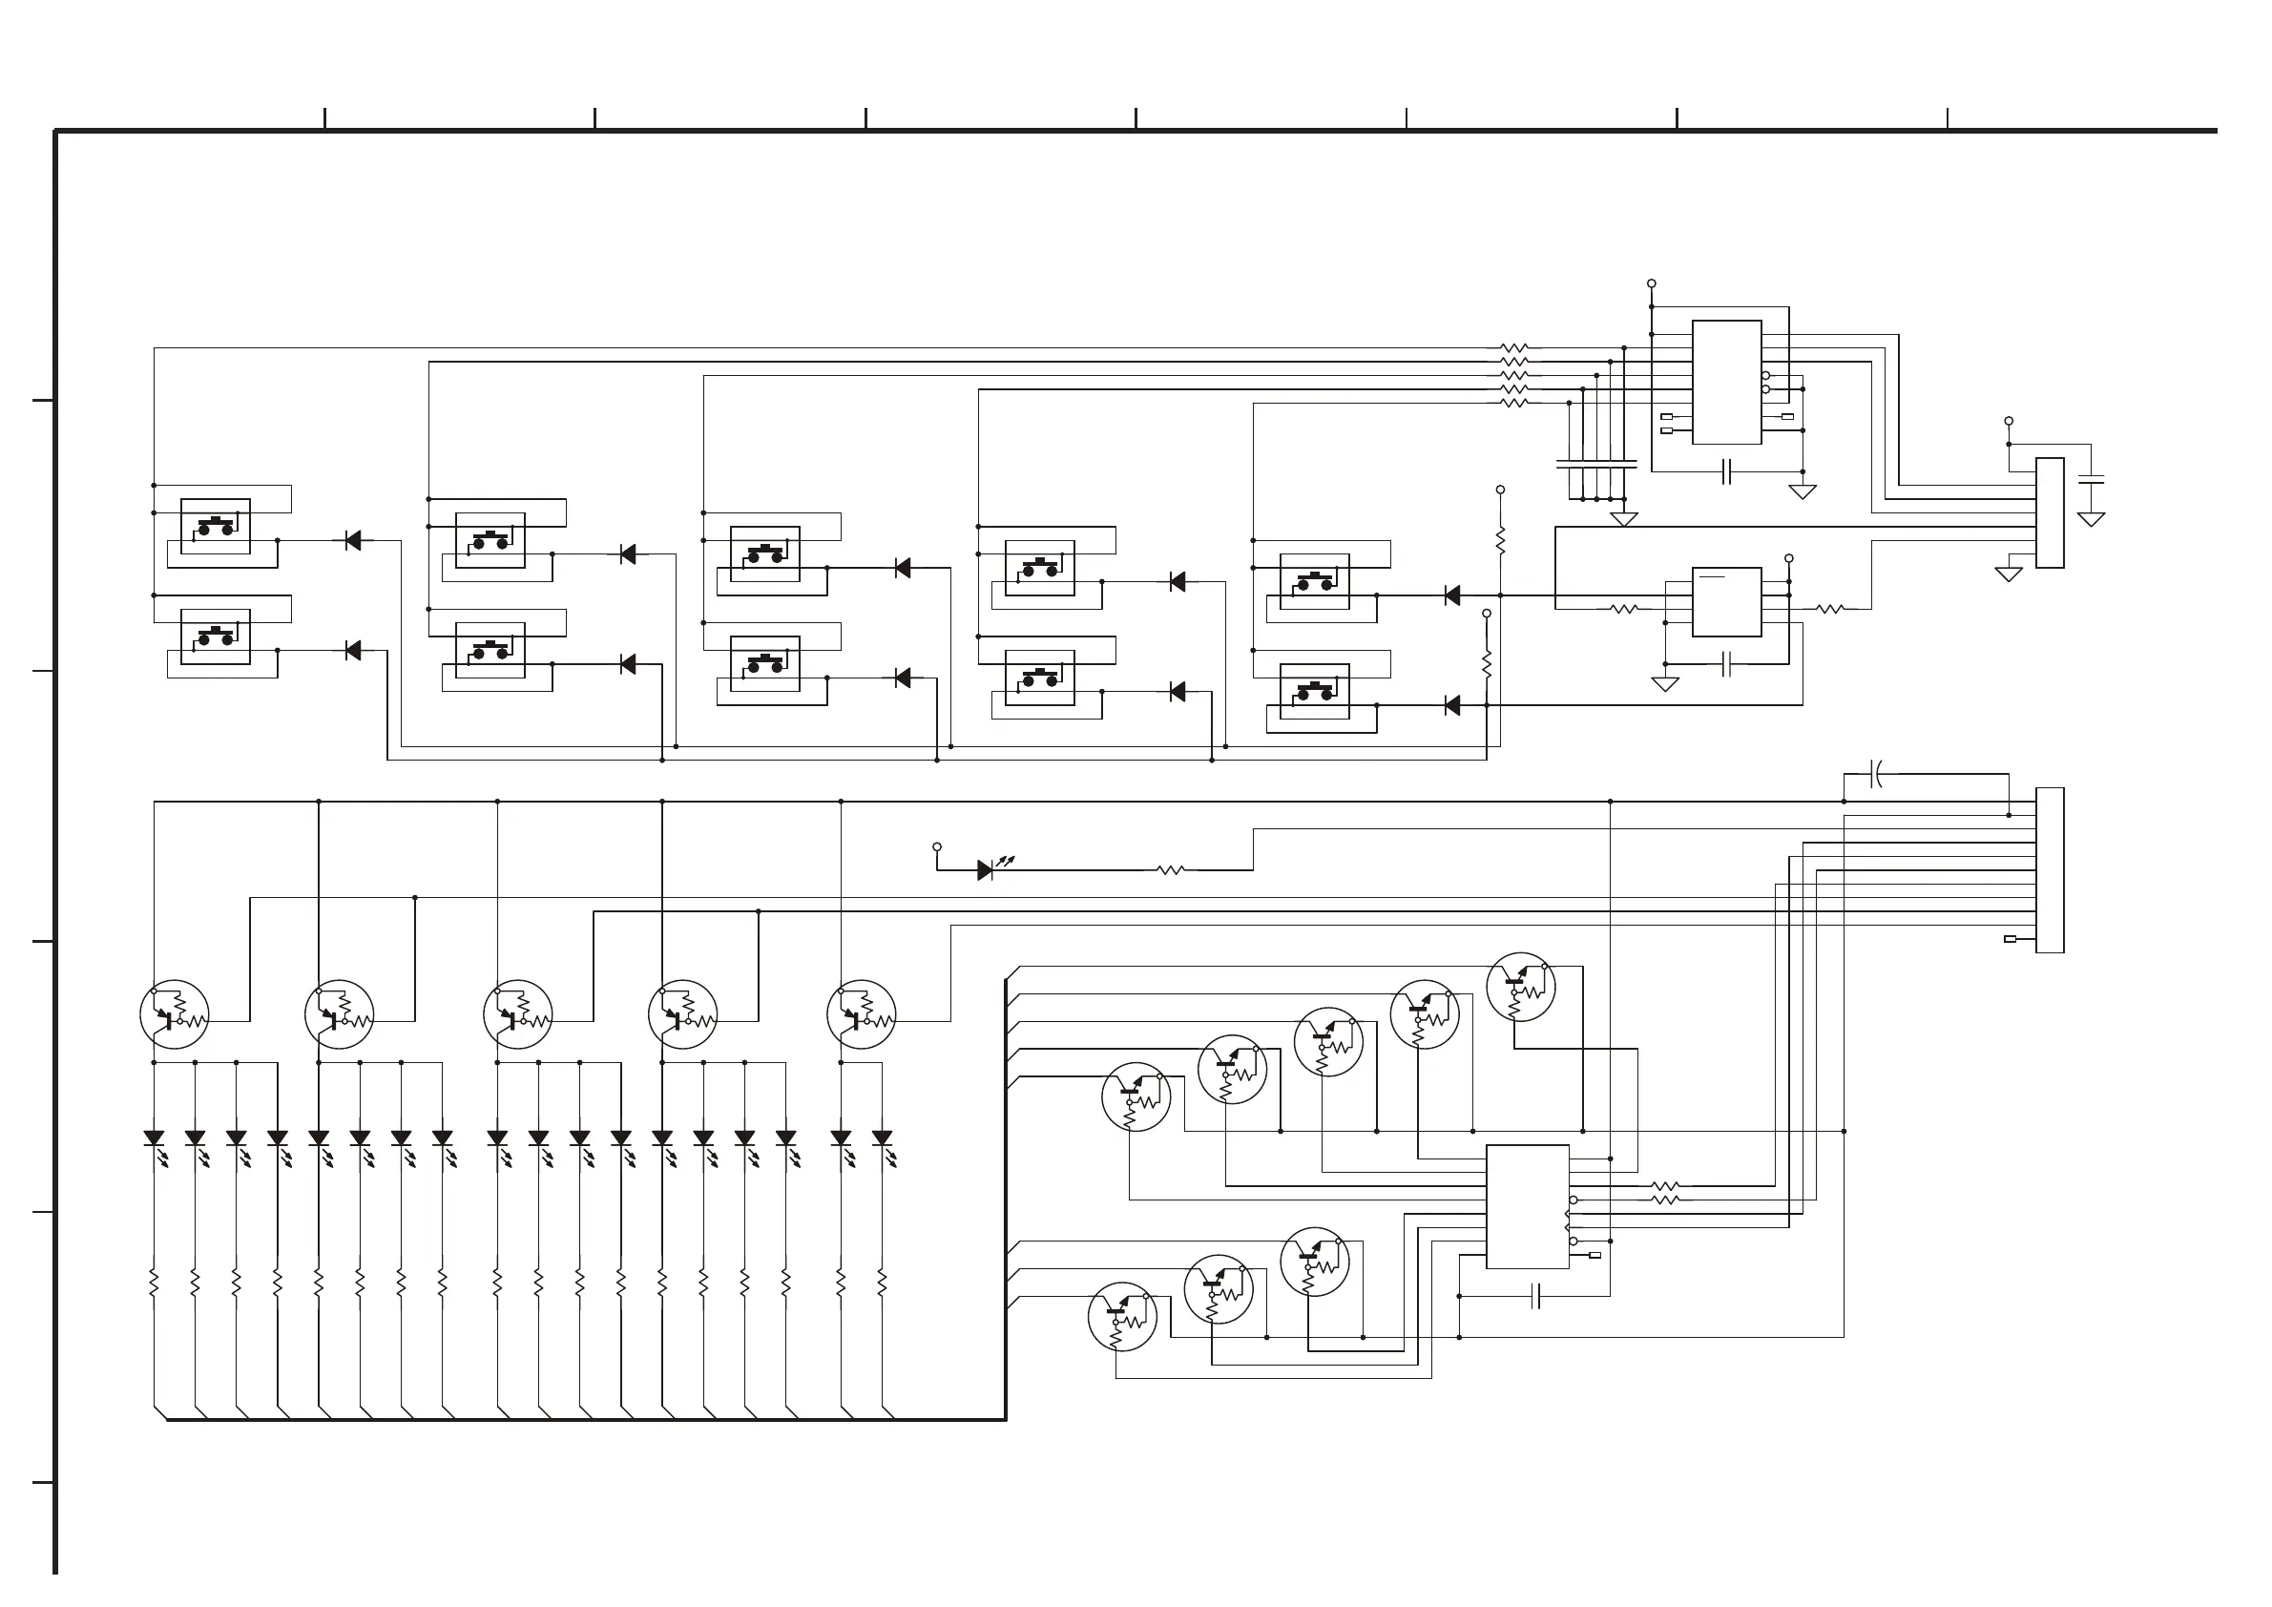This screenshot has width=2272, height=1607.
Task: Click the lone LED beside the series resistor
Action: (986, 871)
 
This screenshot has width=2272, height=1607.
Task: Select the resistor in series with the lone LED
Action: (1171, 871)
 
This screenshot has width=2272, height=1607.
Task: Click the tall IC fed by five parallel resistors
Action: (1727, 382)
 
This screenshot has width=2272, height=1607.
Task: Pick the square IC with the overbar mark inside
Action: (1727, 601)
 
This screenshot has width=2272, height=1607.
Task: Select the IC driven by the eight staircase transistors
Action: (1527, 1206)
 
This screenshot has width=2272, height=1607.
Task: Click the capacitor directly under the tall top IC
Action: (1727, 472)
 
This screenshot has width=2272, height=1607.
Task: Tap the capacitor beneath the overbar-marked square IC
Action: (1727, 664)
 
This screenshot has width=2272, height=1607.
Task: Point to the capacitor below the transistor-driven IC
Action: (1534, 1296)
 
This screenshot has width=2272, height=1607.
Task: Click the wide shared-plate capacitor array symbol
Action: (1596, 463)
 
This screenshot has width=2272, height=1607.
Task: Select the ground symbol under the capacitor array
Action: (1624, 518)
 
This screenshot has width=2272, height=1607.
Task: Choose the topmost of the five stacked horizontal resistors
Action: (1514, 348)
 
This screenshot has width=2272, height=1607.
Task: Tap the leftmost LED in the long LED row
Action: (155, 1139)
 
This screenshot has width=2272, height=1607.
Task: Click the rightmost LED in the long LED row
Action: (882, 1139)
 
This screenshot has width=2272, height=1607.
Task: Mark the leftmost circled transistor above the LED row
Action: (175, 1014)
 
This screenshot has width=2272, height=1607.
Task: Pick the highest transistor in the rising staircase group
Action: (1520, 987)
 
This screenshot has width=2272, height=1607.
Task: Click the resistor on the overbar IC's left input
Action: (1625, 610)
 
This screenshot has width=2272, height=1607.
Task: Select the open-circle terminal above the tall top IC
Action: (1652, 284)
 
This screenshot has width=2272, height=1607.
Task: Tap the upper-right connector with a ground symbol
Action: (2050, 512)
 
